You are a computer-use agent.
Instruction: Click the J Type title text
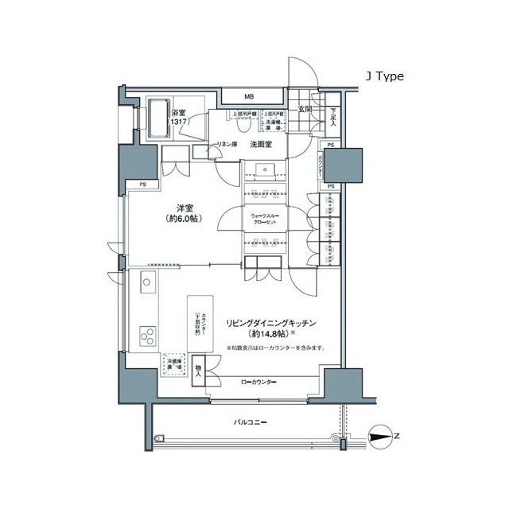pyautogui.click(x=384, y=76)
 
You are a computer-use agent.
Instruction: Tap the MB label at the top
pyautogui.click(x=249, y=98)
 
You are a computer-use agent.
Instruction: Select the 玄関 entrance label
pyautogui.click(x=305, y=109)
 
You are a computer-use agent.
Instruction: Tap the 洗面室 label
pyautogui.click(x=261, y=145)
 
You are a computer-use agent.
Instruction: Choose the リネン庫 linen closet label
pyautogui.click(x=228, y=145)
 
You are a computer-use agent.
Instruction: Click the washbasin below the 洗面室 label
pyautogui.click(x=262, y=168)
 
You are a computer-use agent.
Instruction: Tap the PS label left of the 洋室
pyautogui.click(x=142, y=186)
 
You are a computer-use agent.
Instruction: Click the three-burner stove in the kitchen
pyautogui.click(x=148, y=336)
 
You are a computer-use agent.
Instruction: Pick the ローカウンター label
pyautogui.click(x=258, y=383)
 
